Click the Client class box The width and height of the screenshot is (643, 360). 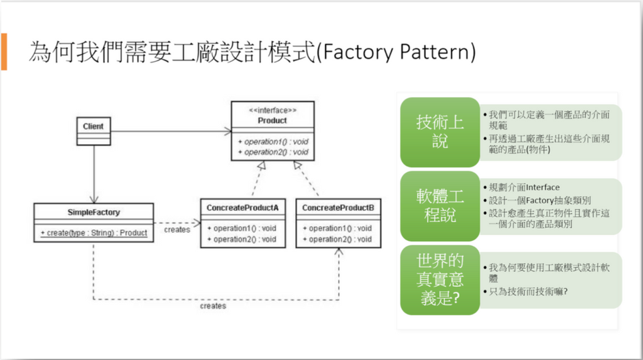[94, 131]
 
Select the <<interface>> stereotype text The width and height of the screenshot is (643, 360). [273, 110]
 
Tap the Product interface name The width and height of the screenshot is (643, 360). [272, 120]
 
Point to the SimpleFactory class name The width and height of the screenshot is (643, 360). [94, 212]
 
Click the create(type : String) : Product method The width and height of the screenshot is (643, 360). [94, 233]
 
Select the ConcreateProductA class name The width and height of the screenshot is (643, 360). [242, 208]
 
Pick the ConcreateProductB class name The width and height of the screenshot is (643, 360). [338, 208]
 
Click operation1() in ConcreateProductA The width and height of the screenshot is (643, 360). [242, 228]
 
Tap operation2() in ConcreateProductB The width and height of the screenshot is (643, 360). [337, 239]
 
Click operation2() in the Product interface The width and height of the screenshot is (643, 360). [273, 152]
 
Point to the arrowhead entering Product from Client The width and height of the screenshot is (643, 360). [228, 132]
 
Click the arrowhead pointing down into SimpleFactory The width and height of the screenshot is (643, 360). [94, 199]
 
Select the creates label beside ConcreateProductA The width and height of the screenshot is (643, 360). [177, 230]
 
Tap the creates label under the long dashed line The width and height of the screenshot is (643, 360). [213, 306]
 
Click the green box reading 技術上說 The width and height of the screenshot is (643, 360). [440, 132]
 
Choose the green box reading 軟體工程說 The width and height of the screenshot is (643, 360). [440, 206]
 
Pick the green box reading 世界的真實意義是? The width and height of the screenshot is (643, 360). [440, 280]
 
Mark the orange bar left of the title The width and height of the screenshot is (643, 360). [4, 51]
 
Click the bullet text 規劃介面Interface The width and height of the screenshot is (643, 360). [524, 187]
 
